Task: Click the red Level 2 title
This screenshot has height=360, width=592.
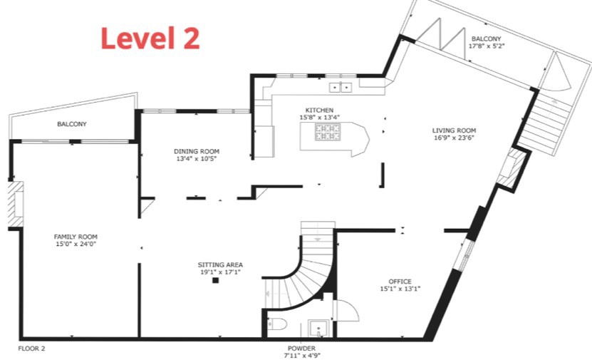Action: click(x=150, y=38)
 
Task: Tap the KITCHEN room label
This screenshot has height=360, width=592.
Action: click(x=319, y=110)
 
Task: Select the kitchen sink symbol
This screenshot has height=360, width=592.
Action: click(x=341, y=87)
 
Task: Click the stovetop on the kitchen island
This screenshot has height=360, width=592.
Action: click(x=328, y=132)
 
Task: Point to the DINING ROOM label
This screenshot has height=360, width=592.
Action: click(x=197, y=151)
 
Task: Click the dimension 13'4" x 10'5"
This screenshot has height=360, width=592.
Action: click(x=197, y=159)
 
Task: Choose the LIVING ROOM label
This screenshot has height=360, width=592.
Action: click(x=454, y=130)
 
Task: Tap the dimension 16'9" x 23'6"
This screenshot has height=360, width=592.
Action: click(x=454, y=138)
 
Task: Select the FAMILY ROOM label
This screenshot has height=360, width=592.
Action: click(x=76, y=237)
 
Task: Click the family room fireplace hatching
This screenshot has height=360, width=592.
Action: click(x=16, y=205)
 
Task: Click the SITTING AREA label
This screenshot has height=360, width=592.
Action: click(x=220, y=264)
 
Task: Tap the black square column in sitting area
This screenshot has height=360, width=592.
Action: click(x=216, y=280)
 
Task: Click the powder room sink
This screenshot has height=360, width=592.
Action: click(x=319, y=328)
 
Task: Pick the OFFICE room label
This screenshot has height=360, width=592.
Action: click(x=400, y=282)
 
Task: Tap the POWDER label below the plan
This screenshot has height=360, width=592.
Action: click(x=301, y=349)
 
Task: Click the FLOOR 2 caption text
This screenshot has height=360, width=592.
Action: click(x=31, y=349)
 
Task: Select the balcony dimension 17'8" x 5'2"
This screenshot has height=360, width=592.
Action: click(x=487, y=46)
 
